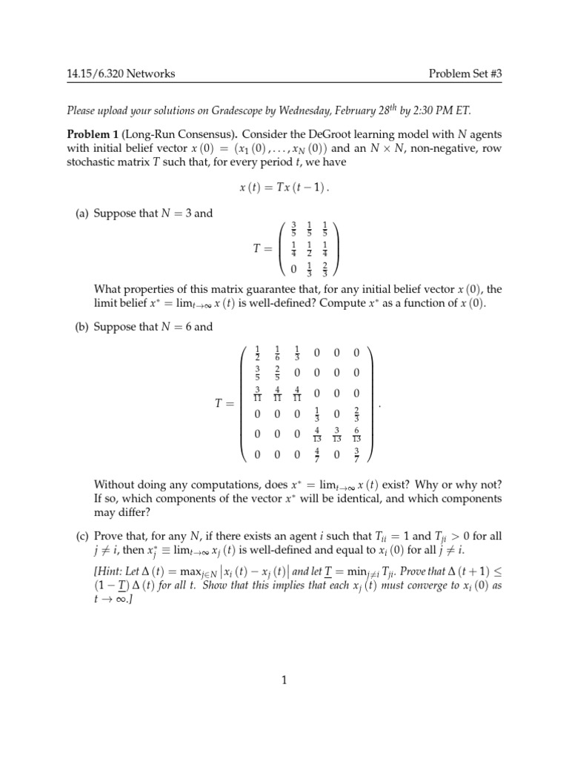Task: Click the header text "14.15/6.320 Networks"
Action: pos(118,74)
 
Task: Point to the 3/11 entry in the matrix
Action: pos(256,395)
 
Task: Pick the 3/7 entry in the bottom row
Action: pos(356,456)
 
